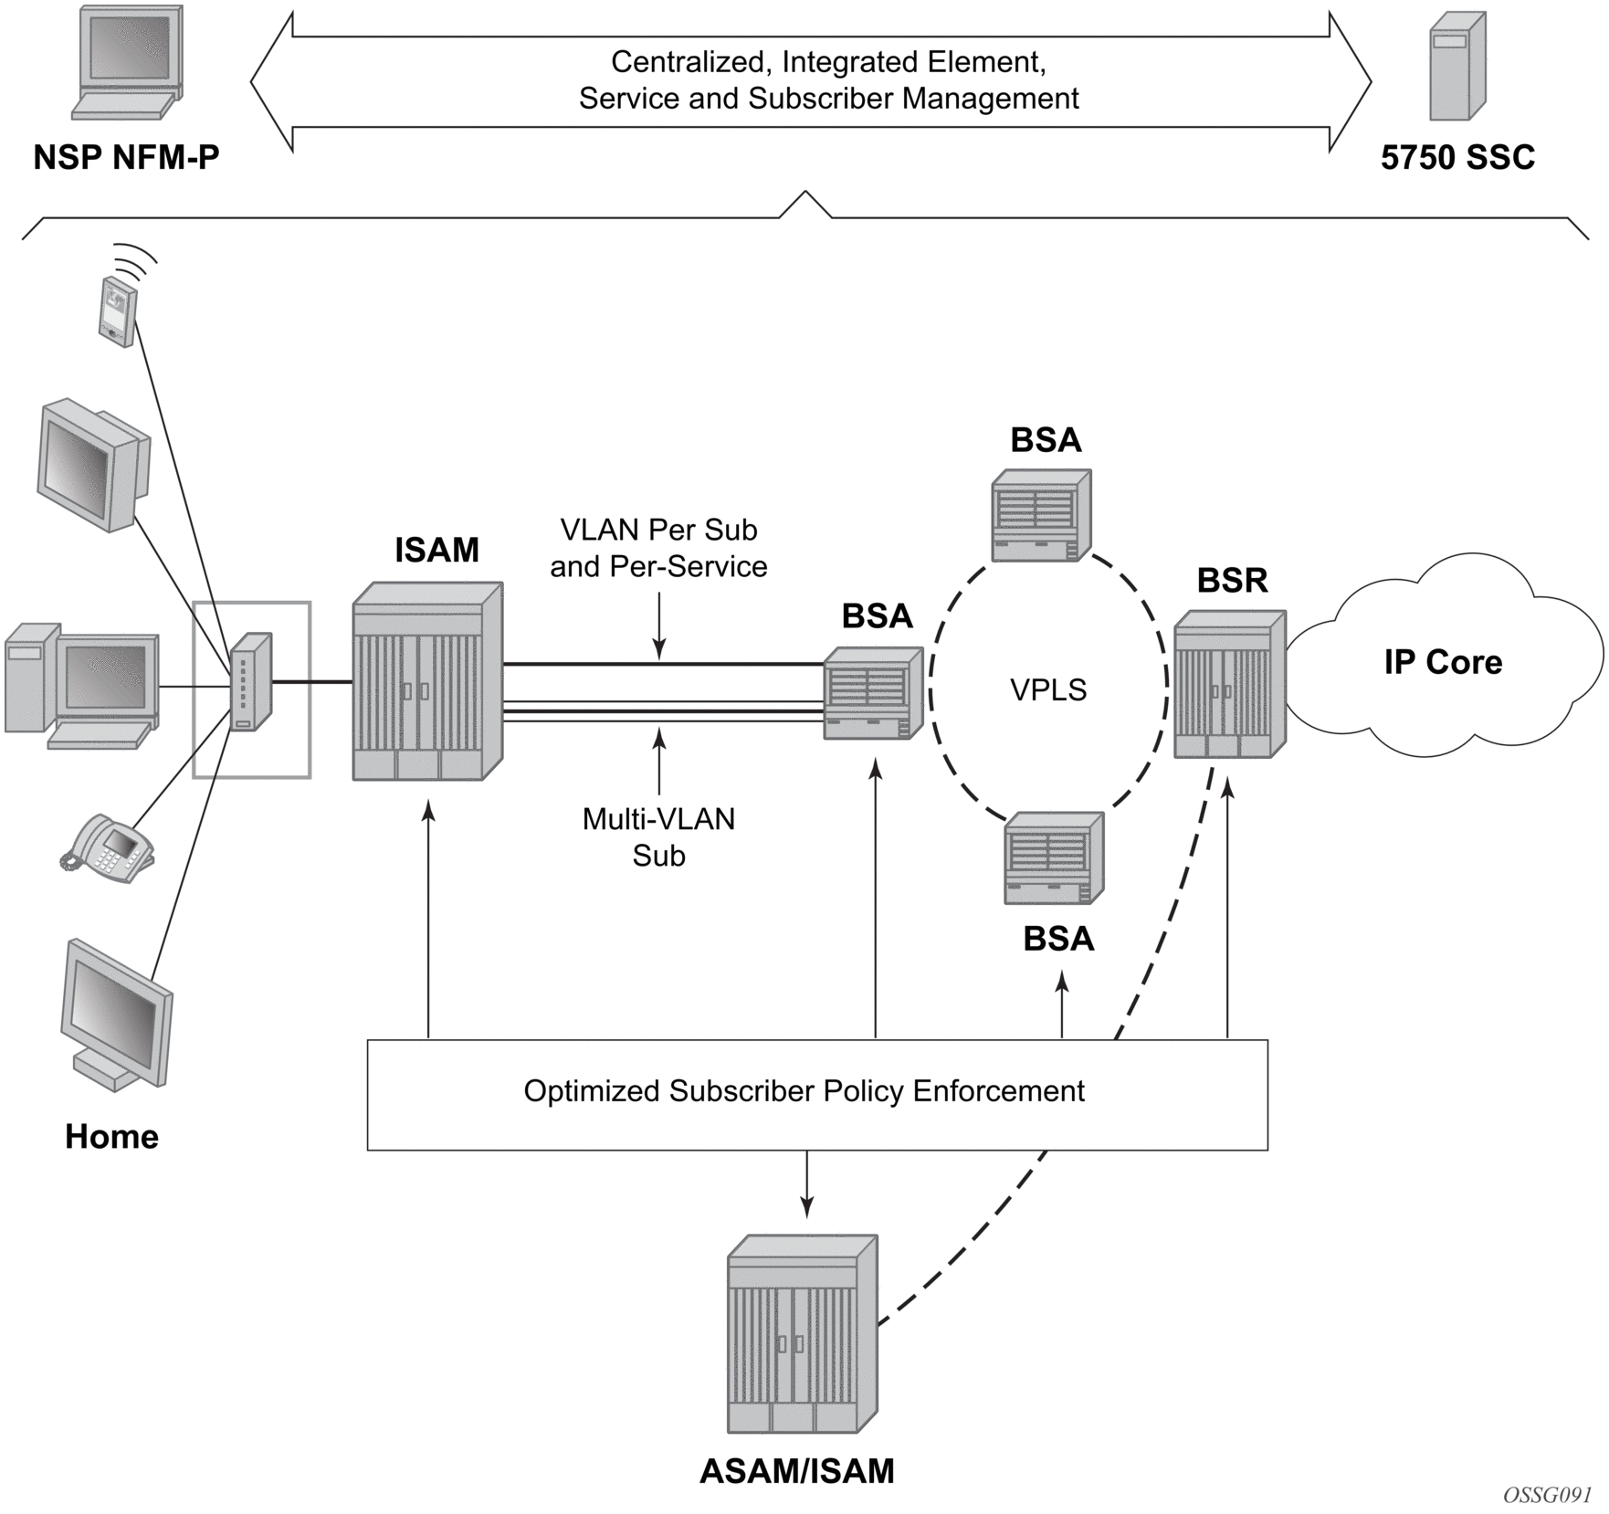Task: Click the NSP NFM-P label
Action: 126,157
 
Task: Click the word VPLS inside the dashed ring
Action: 1048,689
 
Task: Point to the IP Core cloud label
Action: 1443,662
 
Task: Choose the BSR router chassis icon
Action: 1229,685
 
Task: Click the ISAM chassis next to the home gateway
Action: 427,681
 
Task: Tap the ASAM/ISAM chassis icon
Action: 802,1334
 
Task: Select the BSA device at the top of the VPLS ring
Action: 1041,515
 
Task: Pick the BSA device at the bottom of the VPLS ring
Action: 1054,858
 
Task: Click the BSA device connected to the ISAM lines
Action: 873,693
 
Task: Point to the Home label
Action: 111,1137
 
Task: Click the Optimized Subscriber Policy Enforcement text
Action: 804,1091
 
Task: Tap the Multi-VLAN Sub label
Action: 658,837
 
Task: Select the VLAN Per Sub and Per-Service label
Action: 658,548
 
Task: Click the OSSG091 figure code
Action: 1547,1494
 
